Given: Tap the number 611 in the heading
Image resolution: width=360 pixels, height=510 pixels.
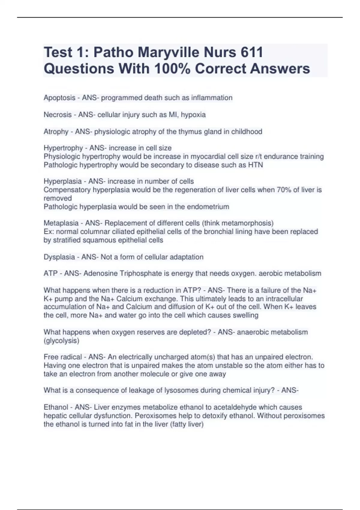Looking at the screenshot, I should pos(251,52).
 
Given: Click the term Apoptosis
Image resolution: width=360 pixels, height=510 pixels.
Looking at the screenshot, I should pos(59,98).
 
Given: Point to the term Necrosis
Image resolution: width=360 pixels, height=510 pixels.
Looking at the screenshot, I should pos(58,115).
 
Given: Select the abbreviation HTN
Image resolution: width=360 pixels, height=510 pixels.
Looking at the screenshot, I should pos(256,165).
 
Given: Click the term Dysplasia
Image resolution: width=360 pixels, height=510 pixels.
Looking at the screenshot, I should pos(59,257).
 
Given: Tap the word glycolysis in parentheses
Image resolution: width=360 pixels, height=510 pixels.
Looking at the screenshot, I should pos(61,340).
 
